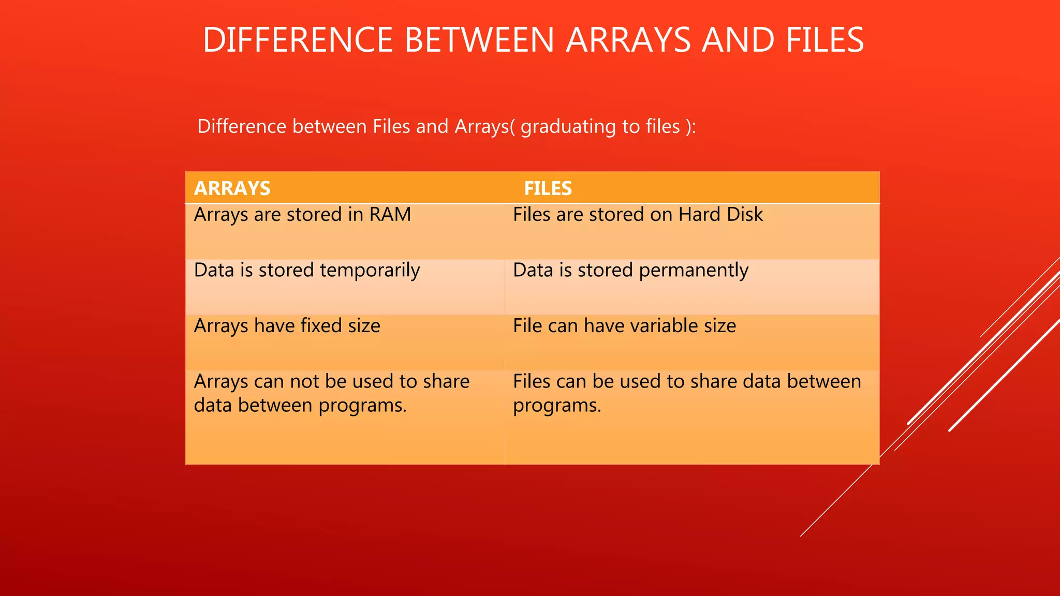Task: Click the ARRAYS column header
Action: pyautogui.click(x=232, y=188)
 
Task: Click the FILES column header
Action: pyautogui.click(x=548, y=188)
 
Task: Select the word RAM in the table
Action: pyautogui.click(x=390, y=215)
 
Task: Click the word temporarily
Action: pyautogui.click(x=370, y=271)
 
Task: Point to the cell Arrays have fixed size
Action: pyautogui.click(x=287, y=326)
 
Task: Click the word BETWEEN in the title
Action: pyautogui.click(x=479, y=40)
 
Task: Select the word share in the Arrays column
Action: pyautogui.click(x=446, y=382)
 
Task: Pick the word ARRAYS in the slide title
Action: pyautogui.click(x=628, y=40)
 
